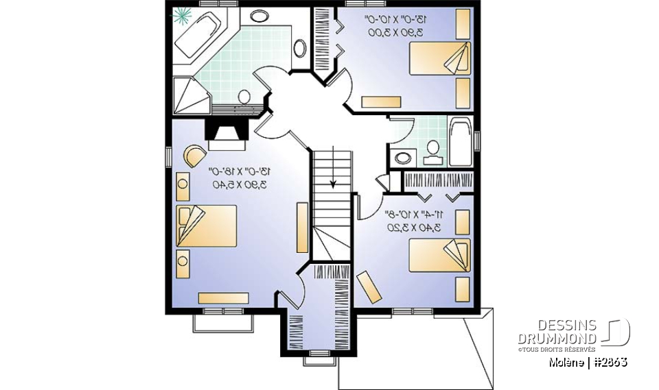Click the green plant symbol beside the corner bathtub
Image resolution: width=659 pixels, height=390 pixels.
(183, 14)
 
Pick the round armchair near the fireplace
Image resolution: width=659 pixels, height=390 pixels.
(193, 155)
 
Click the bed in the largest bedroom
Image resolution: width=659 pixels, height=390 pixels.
(207, 226)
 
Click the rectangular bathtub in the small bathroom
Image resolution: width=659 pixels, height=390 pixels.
(460, 142)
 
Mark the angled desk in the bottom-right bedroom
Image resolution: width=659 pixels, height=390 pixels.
(369, 286)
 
